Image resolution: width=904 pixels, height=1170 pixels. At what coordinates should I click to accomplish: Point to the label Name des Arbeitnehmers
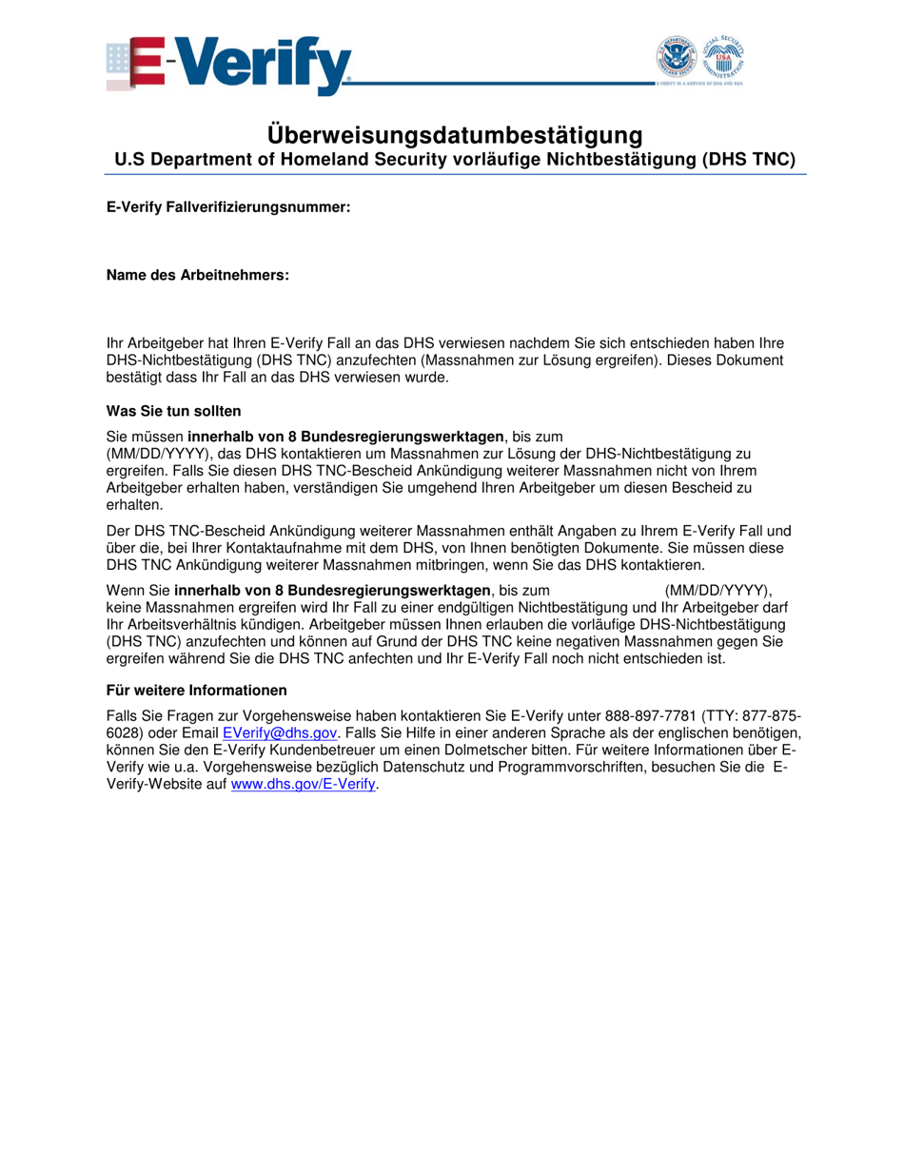tap(197, 275)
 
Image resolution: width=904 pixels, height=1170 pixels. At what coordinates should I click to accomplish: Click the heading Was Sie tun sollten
tap(173, 411)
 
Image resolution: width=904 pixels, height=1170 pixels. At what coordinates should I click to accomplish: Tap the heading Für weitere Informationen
tap(196, 690)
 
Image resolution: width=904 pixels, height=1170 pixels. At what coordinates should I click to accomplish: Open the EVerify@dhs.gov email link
tap(280, 732)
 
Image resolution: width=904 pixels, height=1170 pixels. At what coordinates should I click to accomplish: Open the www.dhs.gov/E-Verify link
tap(304, 786)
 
